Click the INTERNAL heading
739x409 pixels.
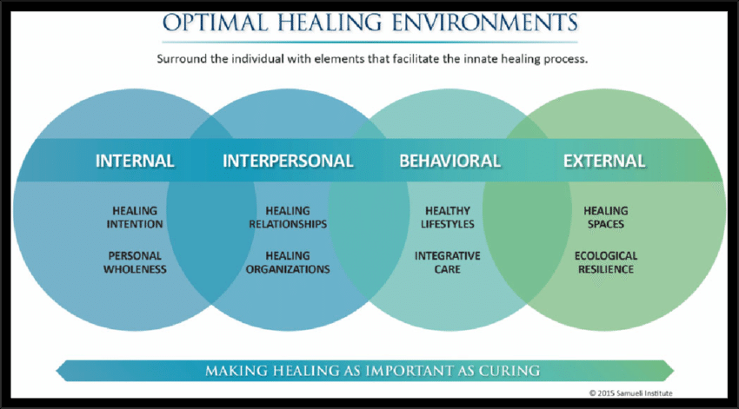(135, 161)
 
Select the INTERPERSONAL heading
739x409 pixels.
(288, 161)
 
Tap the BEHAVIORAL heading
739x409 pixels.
(449, 161)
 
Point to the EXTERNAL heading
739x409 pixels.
(604, 161)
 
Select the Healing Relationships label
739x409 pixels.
(288, 217)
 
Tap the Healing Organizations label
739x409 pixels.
(288, 262)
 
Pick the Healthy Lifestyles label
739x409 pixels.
(449, 217)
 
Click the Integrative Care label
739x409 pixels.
(449, 262)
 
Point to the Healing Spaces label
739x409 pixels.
(605, 217)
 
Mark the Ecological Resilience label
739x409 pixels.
(605, 262)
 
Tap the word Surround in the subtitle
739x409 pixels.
(184, 60)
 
